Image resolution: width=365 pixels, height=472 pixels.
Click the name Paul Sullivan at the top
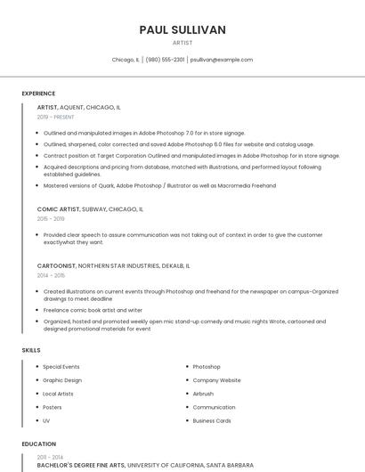pyautogui.click(x=182, y=29)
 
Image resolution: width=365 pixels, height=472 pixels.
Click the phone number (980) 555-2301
pyautogui.click(x=165, y=60)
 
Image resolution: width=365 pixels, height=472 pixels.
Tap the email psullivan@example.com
pyautogui.click(x=222, y=60)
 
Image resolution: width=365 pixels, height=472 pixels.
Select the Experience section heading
pyautogui.click(x=38, y=94)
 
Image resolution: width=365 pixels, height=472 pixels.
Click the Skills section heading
pyautogui.click(x=31, y=350)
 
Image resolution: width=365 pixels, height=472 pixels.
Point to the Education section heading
pyautogui.click(x=38, y=444)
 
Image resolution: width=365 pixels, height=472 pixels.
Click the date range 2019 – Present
pyautogui.click(x=56, y=117)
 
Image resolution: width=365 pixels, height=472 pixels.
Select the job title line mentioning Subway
pyautogui.click(x=90, y=209)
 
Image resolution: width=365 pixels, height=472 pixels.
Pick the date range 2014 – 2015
pyautogui.click(x=51, y=275)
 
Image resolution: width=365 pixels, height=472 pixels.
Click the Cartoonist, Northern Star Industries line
pyautogui.click(x=113, y=265)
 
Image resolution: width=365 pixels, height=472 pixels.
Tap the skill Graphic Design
pyautogui.click(x=63, y=380)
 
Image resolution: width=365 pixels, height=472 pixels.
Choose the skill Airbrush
pyautogui.click(x=203, y=394)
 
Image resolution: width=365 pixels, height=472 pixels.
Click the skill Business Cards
pyautogui.click(x=212, y=420)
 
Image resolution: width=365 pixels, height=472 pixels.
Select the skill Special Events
pyautogui.click(x=61, y=367)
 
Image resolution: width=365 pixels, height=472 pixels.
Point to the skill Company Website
pyautogui.click(x=216, y=380)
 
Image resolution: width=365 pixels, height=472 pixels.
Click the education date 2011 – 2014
pyautogui.click(x=50, y=457)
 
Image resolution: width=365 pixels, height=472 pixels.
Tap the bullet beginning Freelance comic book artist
pyautogui.click(x=93, y=310)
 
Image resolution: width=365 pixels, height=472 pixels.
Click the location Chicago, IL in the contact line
pyautogui.click(x=126, y=60)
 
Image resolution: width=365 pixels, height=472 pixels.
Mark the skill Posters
pyautogui.click(x=53, y=407)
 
